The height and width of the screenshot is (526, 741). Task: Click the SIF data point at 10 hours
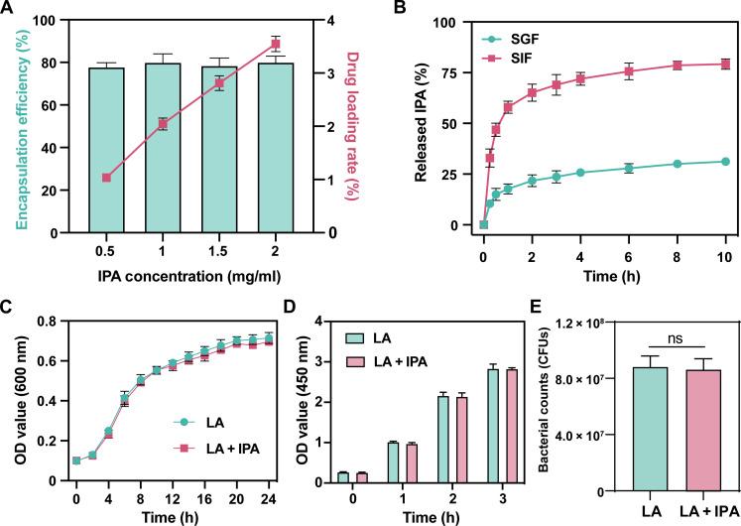(x=725, y=65)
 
